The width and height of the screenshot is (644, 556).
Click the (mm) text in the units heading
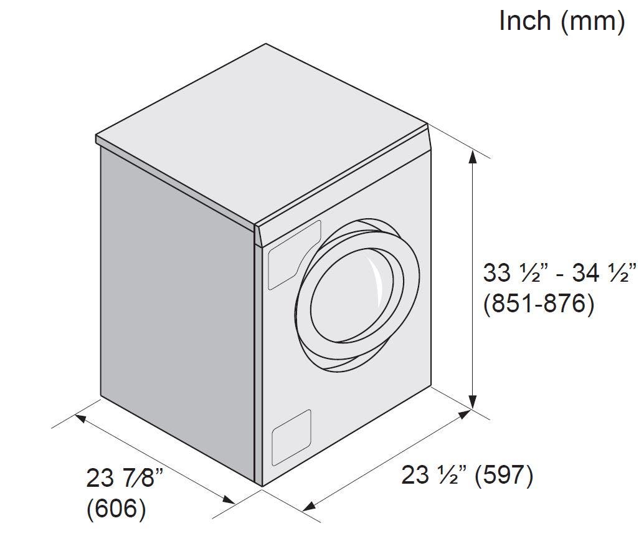(592, 22)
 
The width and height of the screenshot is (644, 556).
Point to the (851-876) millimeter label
(539, 304)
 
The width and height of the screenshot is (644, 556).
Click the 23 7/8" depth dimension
(125, 477)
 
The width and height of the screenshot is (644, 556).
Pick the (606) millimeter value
(116, 509)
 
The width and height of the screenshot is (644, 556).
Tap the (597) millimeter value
(504, 476)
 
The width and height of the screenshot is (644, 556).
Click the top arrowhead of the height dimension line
(473, 158)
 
